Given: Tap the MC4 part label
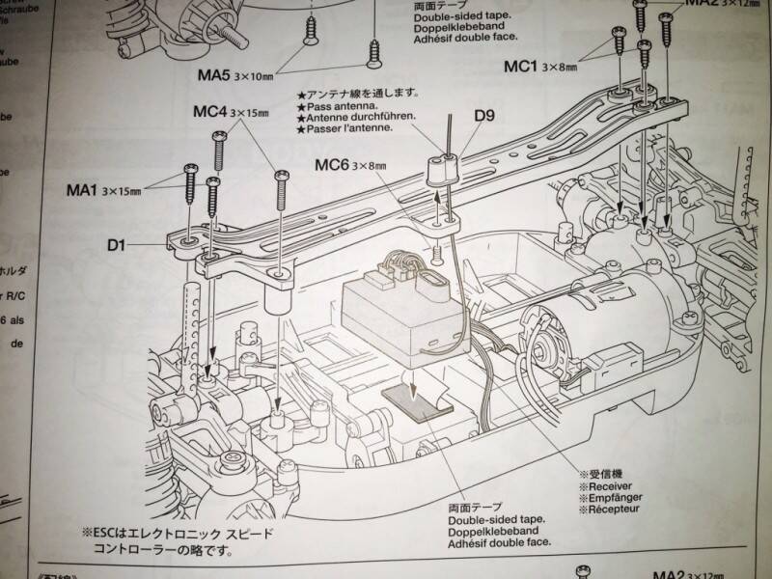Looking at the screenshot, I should [x=209, y=113].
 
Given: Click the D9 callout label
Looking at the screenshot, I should [x=484, y=118].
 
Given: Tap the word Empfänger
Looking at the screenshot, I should [x=612, y=501].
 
